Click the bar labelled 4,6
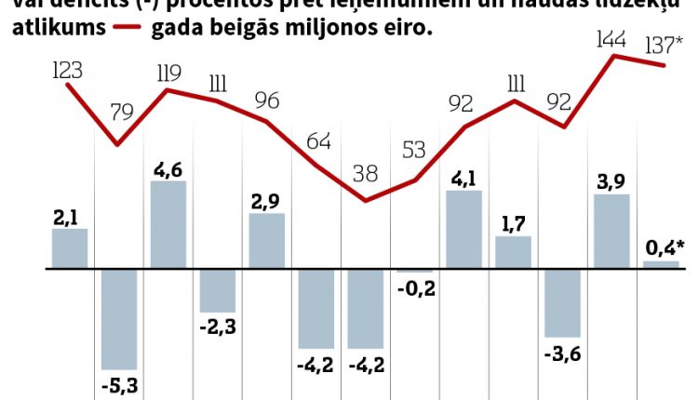[168, 224]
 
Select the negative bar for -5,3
[119, 319]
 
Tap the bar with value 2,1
[70, 248]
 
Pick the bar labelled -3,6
[563, 302]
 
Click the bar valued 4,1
[464, 230]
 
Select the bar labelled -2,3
[218, 290]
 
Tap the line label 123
[67, 70]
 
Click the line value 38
[366, 173]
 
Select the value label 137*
[666, 46]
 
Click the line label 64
[318, 142]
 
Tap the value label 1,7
[513, 223]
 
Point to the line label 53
[415, 150]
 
